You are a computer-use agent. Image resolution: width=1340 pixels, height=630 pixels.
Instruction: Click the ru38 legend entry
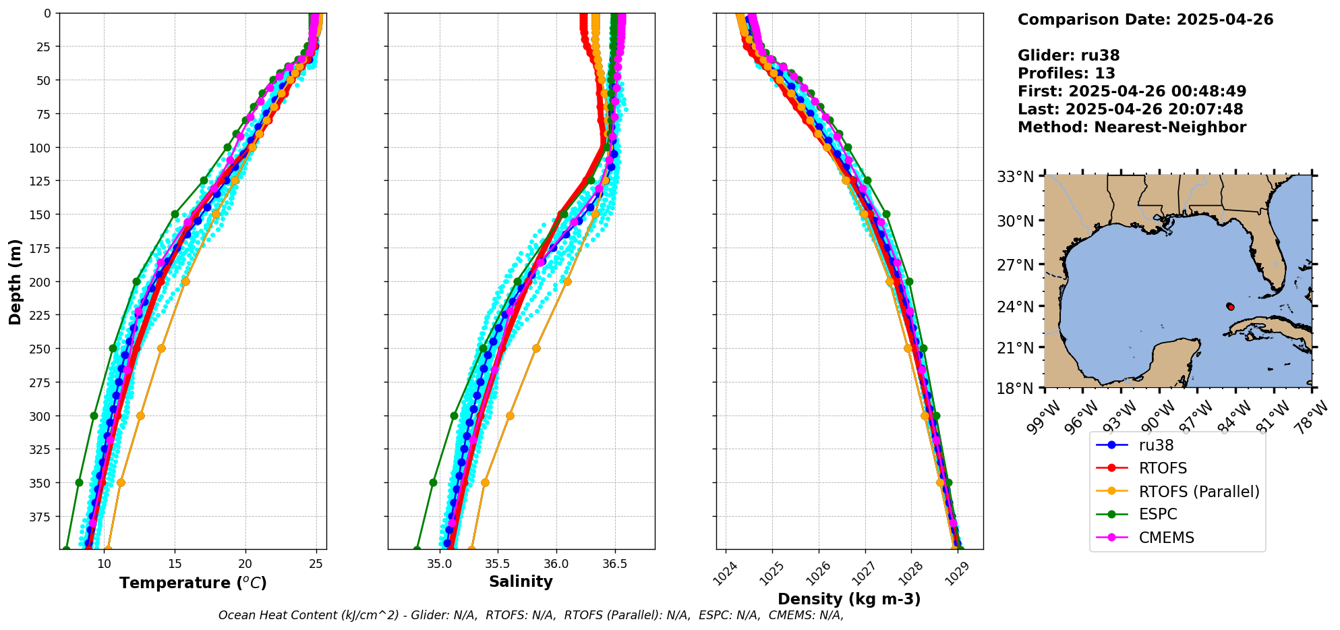click(x=1156, y=445)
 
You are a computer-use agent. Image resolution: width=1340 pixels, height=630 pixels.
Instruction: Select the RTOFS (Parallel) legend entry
click(x=1198, y=492)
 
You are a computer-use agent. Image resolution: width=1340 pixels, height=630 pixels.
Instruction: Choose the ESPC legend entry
click(x=1157, y=515)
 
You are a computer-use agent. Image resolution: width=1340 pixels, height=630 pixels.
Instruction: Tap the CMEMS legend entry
click(x=1166, y=538)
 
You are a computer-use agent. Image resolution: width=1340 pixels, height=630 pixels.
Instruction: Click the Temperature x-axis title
click(x=193, y=583)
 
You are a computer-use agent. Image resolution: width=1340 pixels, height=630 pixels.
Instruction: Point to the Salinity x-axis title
click(x=521, y=582)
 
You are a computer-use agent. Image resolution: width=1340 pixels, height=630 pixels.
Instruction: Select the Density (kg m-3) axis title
click(x=849, y=599)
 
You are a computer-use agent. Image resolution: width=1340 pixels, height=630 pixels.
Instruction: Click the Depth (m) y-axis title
click(x=15, y=281)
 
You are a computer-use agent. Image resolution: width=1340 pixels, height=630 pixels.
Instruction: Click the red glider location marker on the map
click(x=1230, y=307)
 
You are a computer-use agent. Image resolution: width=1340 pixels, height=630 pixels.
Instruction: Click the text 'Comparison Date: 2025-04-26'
click(x=1145, y=20)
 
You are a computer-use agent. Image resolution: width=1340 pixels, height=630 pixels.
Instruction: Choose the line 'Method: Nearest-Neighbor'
click(x=1132, y=127)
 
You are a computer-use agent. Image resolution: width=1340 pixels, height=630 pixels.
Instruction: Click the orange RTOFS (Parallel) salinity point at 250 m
click(x=536, y=349)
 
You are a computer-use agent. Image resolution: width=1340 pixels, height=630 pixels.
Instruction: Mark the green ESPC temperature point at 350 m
click(x=79, y=483)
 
